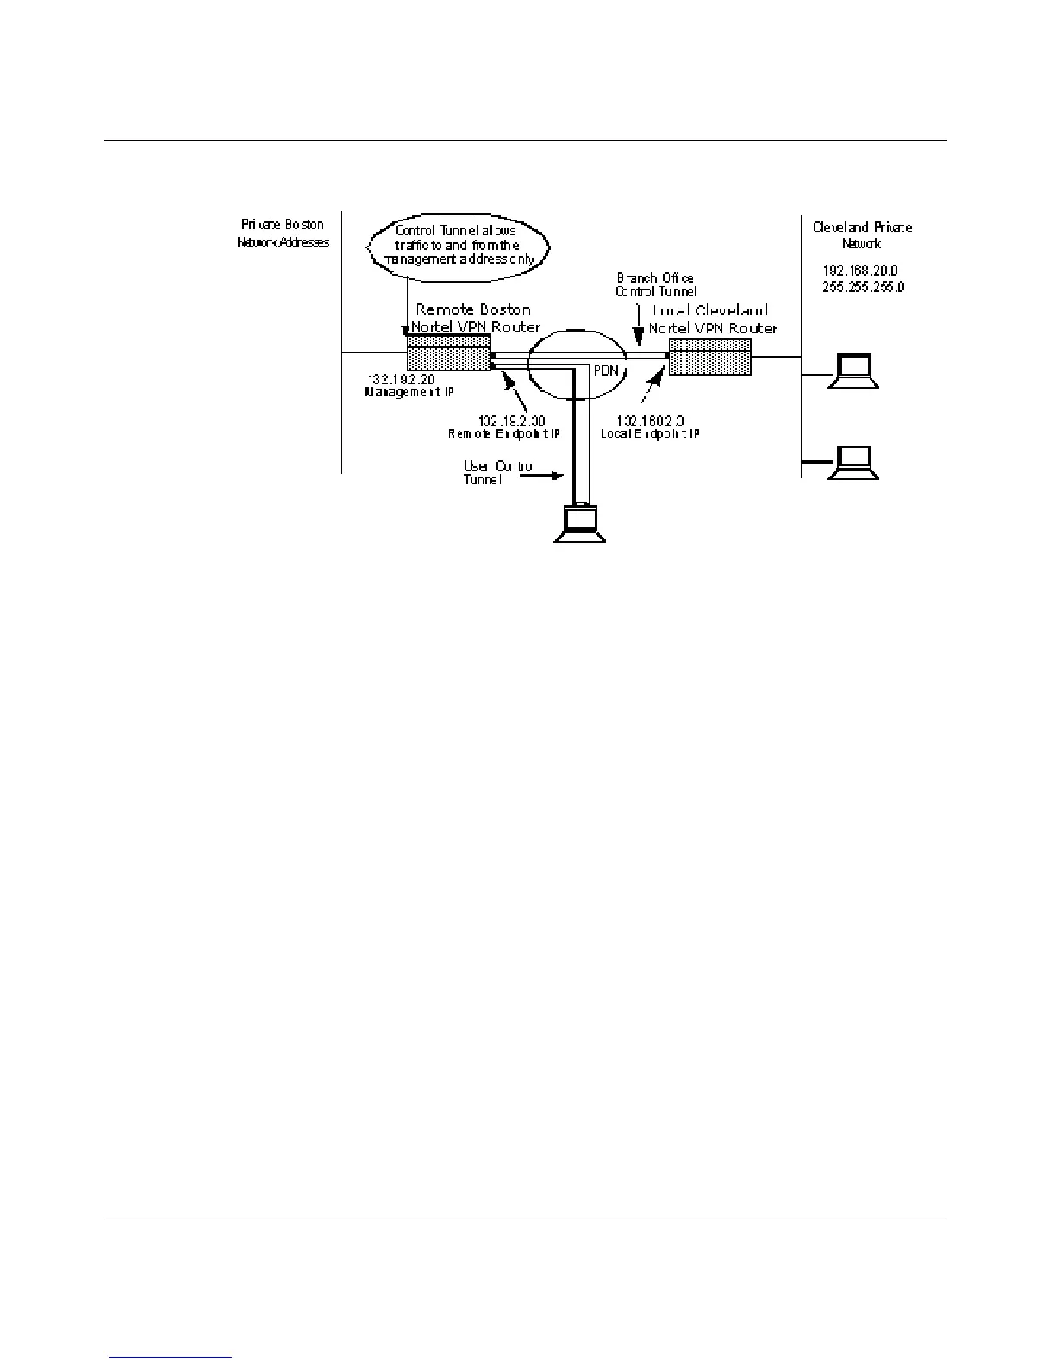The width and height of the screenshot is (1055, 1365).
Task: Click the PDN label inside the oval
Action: pos(607,371)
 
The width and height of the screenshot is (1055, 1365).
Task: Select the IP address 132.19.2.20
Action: pos(402,378)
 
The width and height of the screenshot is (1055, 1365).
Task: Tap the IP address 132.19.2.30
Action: pos(511,421)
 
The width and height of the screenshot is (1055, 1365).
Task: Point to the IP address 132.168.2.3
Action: pos(650,421)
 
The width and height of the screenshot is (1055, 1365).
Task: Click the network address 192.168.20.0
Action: pos(859,271)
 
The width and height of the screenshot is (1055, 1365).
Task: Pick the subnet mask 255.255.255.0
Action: pos(863,287)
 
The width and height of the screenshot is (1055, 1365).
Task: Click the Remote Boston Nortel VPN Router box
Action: pos(448,353)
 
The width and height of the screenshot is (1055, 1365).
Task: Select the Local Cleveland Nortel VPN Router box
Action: pos(710,356)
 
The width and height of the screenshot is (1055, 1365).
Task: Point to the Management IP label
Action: pos(409,392)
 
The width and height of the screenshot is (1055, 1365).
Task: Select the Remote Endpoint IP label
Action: pos(504,434)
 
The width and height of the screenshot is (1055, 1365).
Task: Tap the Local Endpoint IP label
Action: pos(650,434)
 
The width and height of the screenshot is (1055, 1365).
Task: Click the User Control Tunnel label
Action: pos(498,472)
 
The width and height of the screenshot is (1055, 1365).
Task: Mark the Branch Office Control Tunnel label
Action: pos(656,285)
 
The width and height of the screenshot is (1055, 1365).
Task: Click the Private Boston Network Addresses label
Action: pos(283,234)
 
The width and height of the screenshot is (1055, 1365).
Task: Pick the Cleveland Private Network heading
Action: pos(862,235)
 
